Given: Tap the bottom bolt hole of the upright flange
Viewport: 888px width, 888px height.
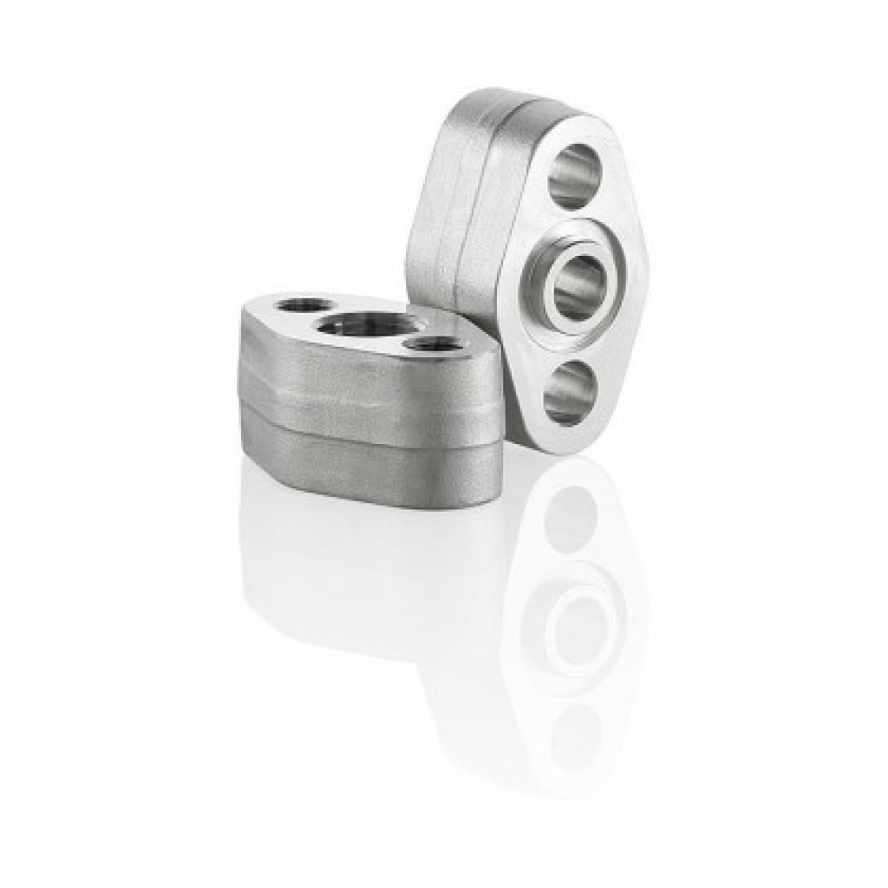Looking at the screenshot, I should tap(570, 393).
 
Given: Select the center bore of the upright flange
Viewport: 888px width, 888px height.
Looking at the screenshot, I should tap(578, 287).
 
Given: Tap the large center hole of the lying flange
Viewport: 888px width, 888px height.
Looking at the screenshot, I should tap(364, 325).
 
